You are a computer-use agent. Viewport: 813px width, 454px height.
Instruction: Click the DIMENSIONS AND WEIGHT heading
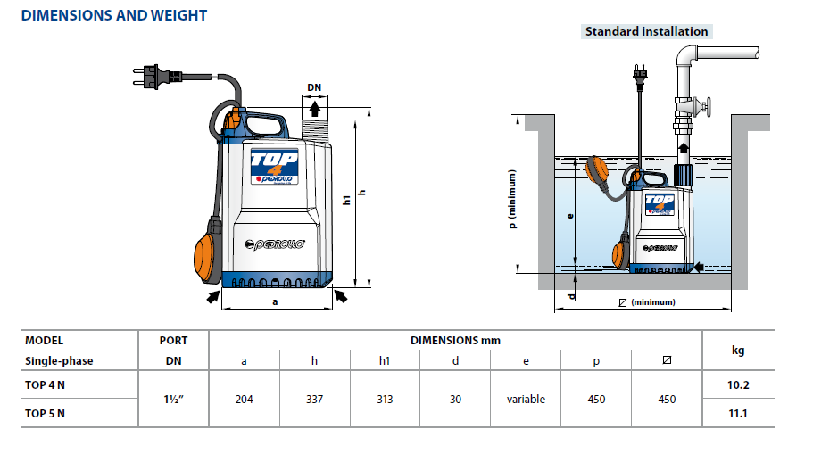point(114,15)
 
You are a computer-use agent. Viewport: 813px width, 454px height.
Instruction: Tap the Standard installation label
point(647,31)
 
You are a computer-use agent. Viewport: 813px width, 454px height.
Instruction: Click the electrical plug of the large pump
point(156,77)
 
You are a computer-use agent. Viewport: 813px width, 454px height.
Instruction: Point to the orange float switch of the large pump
point(207,258)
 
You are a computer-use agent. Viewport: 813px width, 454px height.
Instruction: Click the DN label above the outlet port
point(314,87)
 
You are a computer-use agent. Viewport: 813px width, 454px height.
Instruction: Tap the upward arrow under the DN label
point(315,110)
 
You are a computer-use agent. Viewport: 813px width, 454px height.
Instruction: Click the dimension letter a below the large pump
point(275,301)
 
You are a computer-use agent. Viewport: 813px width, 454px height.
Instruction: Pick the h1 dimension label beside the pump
point(347,200)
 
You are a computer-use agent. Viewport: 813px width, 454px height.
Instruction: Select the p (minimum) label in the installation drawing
point(512,200)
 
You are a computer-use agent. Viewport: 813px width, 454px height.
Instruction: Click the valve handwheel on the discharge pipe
point(707,107)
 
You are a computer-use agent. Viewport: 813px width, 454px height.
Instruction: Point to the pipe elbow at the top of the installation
point(686,56)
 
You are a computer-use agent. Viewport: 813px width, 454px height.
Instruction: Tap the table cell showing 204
point(245,399)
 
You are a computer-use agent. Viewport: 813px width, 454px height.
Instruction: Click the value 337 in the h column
point(314,399)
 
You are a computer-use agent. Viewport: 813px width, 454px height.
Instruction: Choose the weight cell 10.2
point(738,384)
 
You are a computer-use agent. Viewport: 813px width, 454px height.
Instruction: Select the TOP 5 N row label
point(46,414)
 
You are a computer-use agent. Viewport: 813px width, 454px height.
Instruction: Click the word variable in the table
point(526,399)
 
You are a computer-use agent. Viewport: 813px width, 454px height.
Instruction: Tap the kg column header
point(738,351)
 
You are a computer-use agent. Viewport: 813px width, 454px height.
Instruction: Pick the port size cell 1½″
point(174,399)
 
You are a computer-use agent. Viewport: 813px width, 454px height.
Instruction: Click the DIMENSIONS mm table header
point(455,341)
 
